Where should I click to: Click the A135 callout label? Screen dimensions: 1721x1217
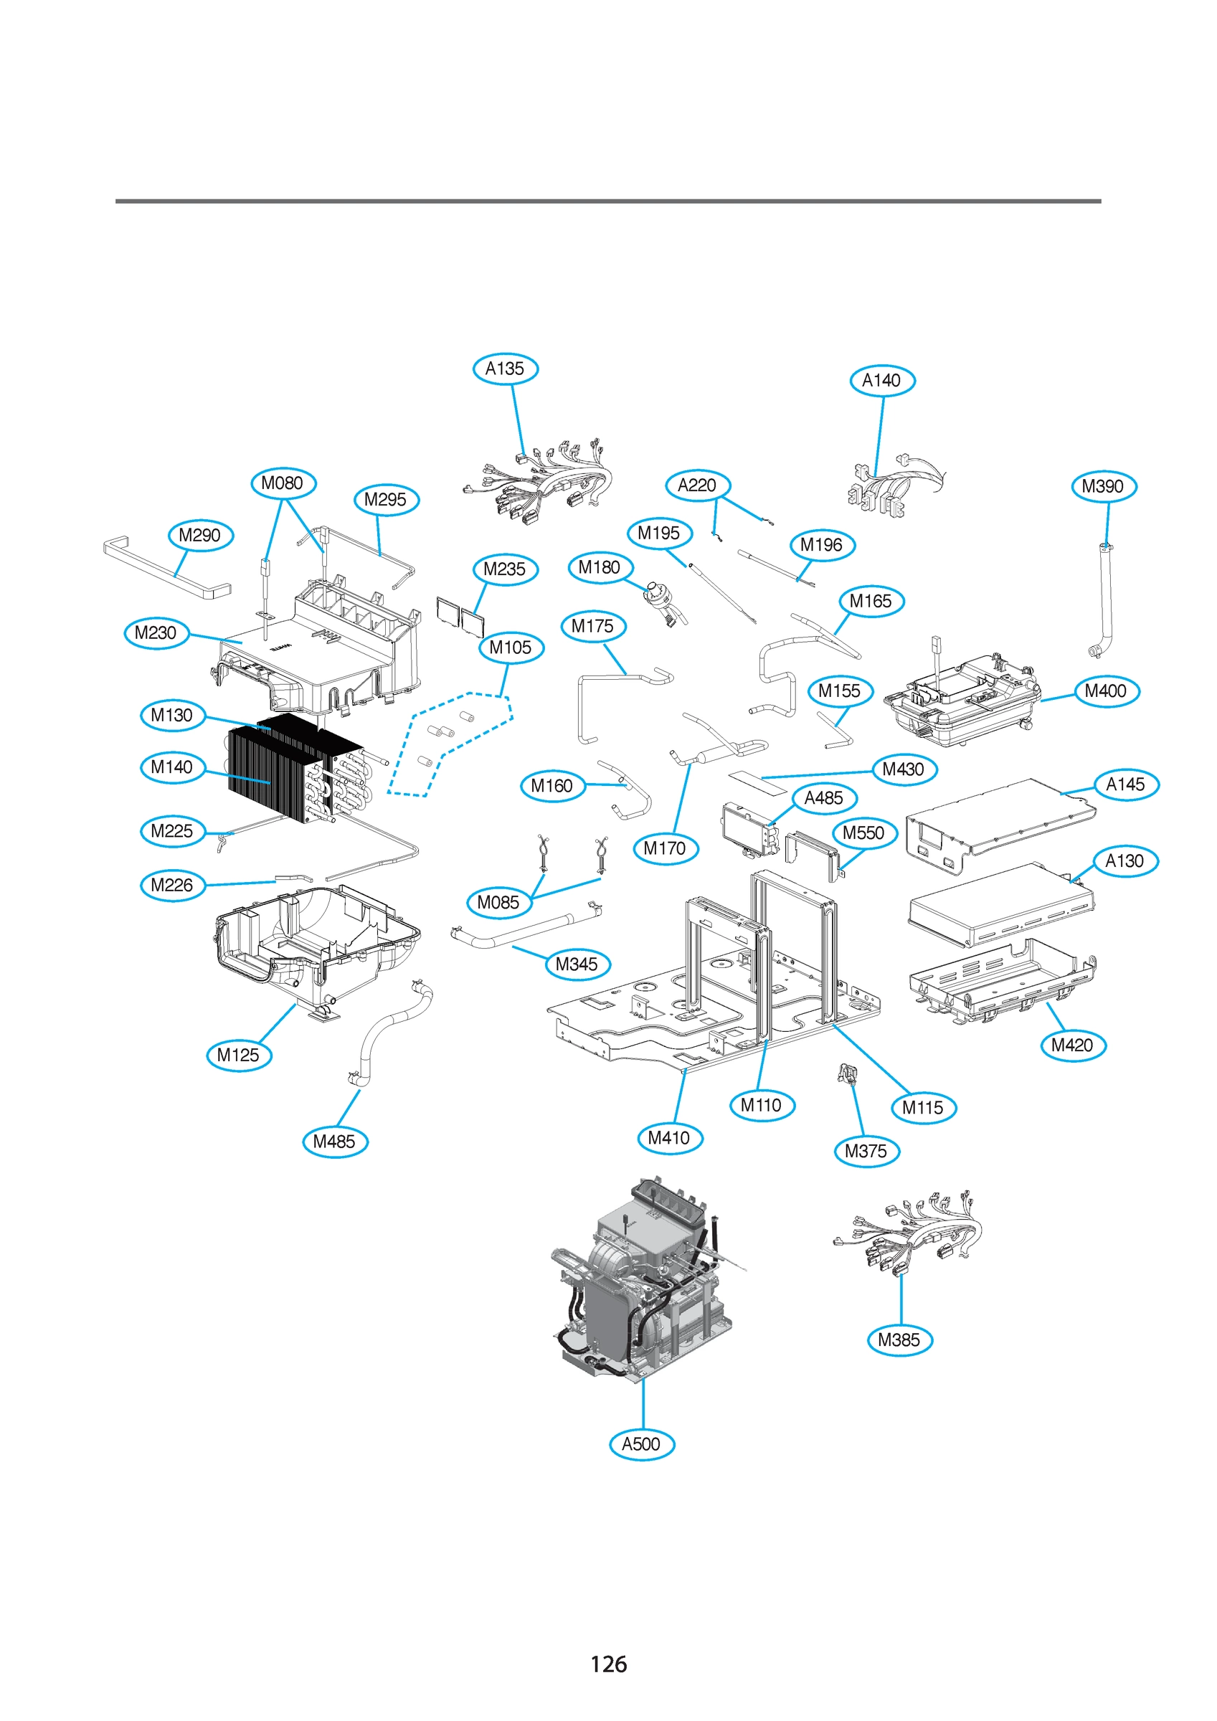(x=506, y=369)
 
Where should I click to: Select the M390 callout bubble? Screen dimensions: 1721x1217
(x=1104, y=486)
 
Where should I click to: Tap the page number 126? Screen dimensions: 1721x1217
(x=608, y=1664)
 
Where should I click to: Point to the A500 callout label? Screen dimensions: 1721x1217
(x=642, y=1444)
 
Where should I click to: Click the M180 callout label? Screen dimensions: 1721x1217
(x=600, y=567)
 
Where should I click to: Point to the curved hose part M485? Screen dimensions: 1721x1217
(x=390, y=1030)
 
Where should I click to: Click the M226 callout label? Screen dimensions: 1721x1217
(x=172, y=885)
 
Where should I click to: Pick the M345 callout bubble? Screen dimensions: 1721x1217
(x=577, y=964)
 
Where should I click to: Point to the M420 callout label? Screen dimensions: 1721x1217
(x=1073, y=1045)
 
